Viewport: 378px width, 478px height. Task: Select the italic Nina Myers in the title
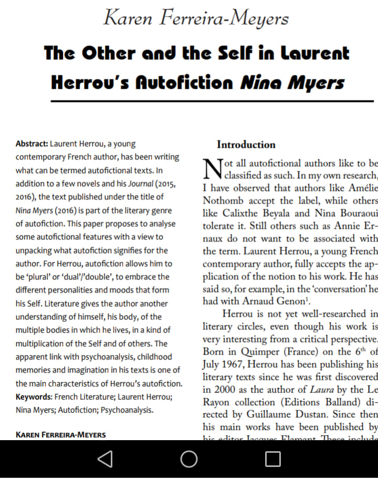point(292,83)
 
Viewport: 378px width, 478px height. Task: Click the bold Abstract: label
point(32,144)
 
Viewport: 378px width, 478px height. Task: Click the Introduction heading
point(246,145)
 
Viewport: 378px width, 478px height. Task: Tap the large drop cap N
point(212,168)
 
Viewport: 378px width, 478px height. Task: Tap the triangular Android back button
point(105,459)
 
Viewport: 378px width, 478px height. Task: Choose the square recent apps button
point(272,459)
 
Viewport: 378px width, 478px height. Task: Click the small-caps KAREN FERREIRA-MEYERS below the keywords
point(61,435)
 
